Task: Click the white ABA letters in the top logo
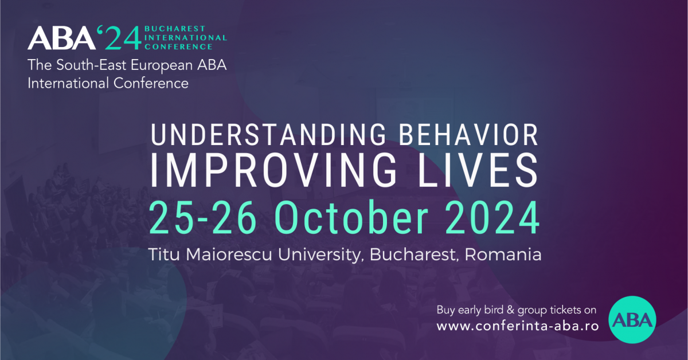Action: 62,38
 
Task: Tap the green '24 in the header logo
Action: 119,38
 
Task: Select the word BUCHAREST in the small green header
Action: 174,29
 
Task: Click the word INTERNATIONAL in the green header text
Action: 186,38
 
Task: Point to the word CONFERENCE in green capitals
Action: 178,46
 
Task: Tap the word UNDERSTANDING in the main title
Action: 268,135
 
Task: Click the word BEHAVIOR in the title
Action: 468,135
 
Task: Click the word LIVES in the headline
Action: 478,170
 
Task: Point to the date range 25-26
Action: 203,217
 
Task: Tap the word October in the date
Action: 351,217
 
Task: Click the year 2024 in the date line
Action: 492,217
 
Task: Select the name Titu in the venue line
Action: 164,255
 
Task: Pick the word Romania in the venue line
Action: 503,255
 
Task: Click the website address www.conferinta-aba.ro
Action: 518,326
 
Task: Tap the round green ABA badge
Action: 632,320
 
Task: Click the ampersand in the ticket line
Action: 510,310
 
